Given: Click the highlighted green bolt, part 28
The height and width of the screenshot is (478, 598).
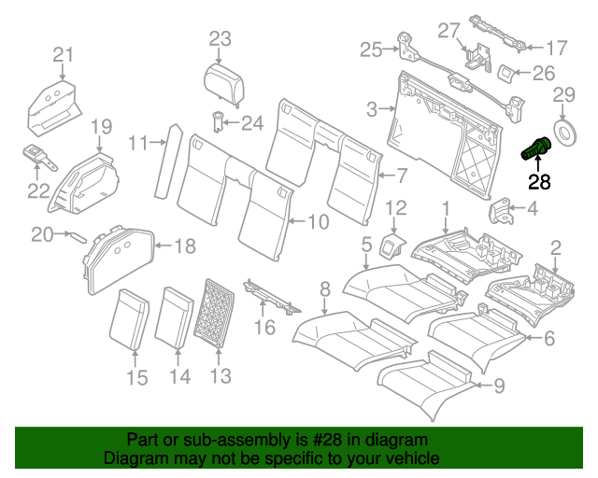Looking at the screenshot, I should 535,148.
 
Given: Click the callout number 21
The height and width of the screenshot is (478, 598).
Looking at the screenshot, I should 62,55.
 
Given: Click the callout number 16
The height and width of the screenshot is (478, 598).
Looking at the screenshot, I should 265,327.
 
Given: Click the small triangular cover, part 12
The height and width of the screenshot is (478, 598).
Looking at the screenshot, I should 391,245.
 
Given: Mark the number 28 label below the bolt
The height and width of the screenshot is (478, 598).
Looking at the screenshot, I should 539,181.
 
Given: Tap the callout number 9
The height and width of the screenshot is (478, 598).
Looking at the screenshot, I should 499,383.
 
